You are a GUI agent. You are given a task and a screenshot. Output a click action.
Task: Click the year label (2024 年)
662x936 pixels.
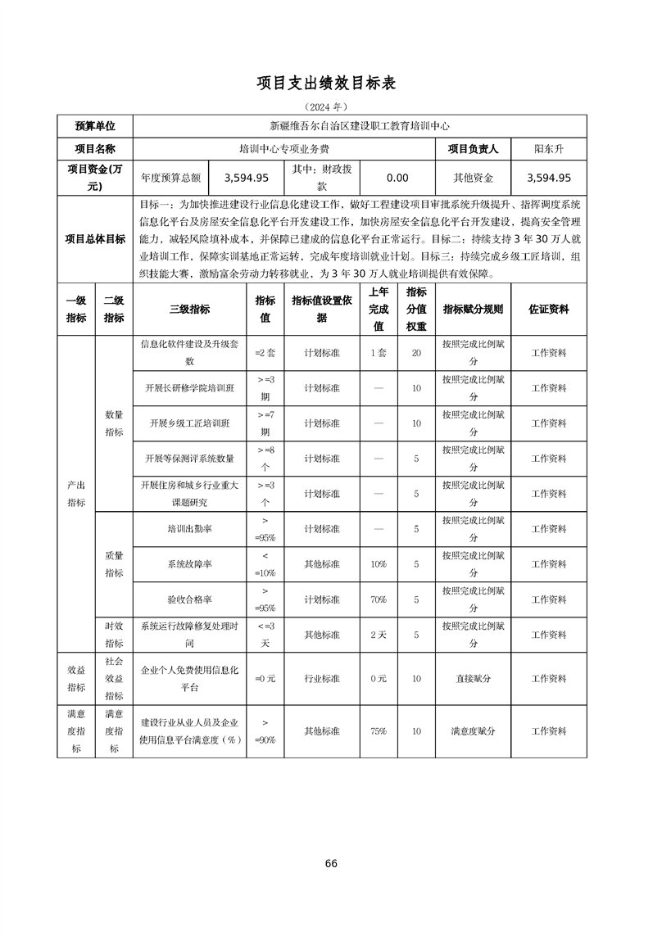(x=326, y=107)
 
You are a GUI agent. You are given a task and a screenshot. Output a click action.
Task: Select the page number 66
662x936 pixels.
(x=331, y=863)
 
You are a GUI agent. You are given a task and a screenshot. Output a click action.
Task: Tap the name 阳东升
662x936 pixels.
(x=548, y=149)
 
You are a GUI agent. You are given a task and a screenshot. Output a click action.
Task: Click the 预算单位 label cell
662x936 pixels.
(x=95, y=126)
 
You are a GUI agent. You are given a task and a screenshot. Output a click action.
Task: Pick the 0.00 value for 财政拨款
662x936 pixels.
(x=397, y=177)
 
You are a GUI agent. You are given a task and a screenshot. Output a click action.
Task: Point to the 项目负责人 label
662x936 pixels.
(x=473, y=149)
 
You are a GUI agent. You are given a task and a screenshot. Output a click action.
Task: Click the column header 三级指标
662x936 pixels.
(x=189, y=310)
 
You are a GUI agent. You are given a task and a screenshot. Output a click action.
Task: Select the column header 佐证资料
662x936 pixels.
(x=548, y=310)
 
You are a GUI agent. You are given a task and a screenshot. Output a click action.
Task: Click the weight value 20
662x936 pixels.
(x=416, y=353)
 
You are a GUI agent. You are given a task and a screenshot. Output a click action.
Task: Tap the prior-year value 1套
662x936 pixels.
(x=379, y=353)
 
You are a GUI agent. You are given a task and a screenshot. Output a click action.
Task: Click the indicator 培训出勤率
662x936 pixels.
(x=189, y=529)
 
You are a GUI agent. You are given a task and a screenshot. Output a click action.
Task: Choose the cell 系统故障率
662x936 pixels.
(x=189, y=564)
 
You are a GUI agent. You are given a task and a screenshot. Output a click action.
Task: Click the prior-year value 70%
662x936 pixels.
(x=379, y=599)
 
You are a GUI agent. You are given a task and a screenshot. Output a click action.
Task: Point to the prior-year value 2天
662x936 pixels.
(x=379, y=635)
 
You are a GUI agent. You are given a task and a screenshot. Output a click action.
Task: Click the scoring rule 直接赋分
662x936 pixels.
(x=473, y=679)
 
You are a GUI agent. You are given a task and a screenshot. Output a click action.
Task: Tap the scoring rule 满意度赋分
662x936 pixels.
(x=473, y=731)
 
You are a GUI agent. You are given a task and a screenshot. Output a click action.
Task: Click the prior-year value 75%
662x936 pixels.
(x=379, y=731)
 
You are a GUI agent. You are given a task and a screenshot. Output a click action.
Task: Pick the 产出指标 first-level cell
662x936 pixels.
(x=76, y=494)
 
